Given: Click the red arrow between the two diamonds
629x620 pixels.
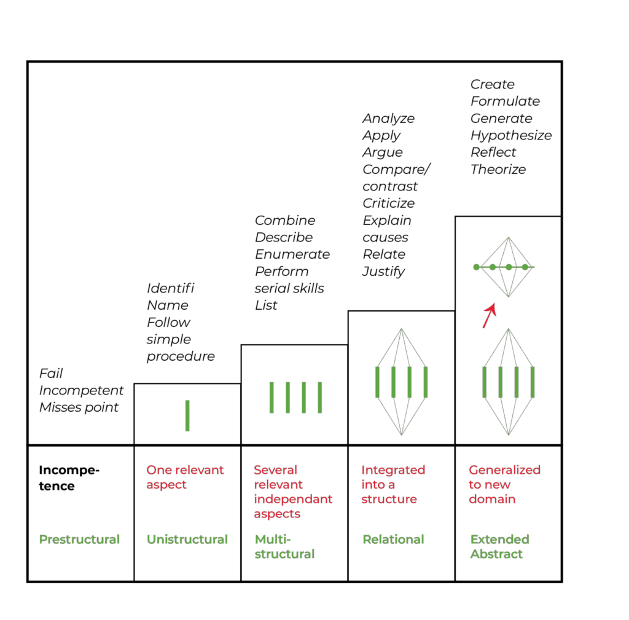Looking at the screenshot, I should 489,315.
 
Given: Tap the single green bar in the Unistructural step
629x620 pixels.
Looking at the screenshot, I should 187,416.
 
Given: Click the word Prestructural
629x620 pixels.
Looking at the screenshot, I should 79,540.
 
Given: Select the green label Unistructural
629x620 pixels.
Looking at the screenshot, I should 187,540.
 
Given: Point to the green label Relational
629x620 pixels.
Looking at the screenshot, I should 393,540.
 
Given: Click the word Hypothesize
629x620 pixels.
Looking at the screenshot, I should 511,135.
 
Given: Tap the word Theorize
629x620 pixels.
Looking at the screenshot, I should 498,170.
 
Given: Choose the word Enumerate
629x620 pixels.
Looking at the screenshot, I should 292,254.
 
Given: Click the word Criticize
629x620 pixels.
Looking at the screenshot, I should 388,203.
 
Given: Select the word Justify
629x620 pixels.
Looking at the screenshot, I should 383,271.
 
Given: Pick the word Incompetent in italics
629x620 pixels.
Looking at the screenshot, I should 81,391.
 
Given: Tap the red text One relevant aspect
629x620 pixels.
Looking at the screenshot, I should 185,477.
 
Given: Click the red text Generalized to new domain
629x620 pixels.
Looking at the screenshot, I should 504,485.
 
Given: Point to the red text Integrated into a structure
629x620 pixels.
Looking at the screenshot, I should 393,485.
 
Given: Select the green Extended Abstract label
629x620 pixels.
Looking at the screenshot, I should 499,547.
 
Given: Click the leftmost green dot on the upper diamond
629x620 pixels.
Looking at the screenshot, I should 477,267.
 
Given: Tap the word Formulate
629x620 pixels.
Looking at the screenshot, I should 505,101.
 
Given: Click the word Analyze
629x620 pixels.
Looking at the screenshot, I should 388,119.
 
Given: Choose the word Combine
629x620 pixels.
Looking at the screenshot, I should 285,221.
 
